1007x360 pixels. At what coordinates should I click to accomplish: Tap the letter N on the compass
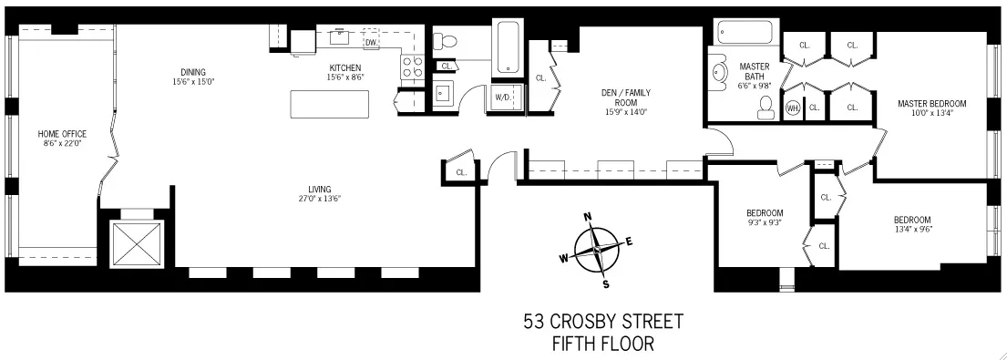coord(588,217)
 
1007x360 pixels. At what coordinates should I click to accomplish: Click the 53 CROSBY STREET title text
coord(602,323)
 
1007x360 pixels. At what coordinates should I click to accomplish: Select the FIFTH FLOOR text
coord(602,344)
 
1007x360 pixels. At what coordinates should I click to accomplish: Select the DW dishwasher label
coord(371,43)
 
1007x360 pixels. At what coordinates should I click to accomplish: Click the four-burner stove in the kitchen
coord(411,66)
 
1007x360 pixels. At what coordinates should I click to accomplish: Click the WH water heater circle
coord(792,108)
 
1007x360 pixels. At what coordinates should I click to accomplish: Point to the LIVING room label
coord(319,189)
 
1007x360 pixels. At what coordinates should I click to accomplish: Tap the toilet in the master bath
coord(764,107)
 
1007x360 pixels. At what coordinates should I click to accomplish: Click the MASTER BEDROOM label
coord(930,104)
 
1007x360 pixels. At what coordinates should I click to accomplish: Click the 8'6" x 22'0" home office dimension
coord(61,144)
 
